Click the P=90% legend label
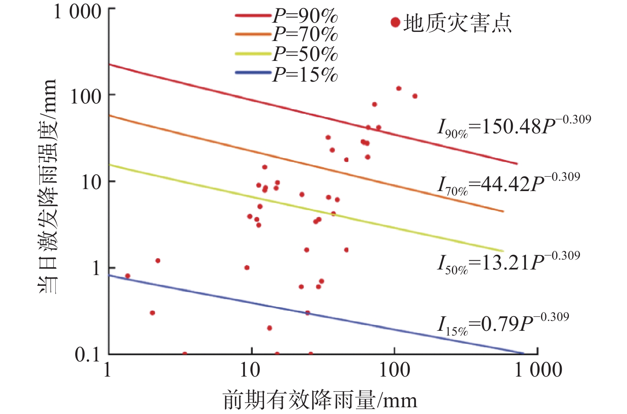tap(305, 16)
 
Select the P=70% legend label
tap(305, 35)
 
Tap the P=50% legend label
tap(305, 54)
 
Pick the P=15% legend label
tap(305, 74)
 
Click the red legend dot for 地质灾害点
tap(395, 22)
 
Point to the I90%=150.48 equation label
tap(514, 127)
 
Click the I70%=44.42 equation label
tap(508, 184)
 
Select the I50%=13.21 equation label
tap(508, 263)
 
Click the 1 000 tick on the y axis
tap(77, 12)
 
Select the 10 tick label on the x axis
tap(250, 370)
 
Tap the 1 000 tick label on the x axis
tap(538, 370)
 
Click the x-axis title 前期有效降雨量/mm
tap(320, 400)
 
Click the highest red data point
tap(398, 88)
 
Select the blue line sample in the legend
tap(253, 73)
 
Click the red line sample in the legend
tap(253, 16)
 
